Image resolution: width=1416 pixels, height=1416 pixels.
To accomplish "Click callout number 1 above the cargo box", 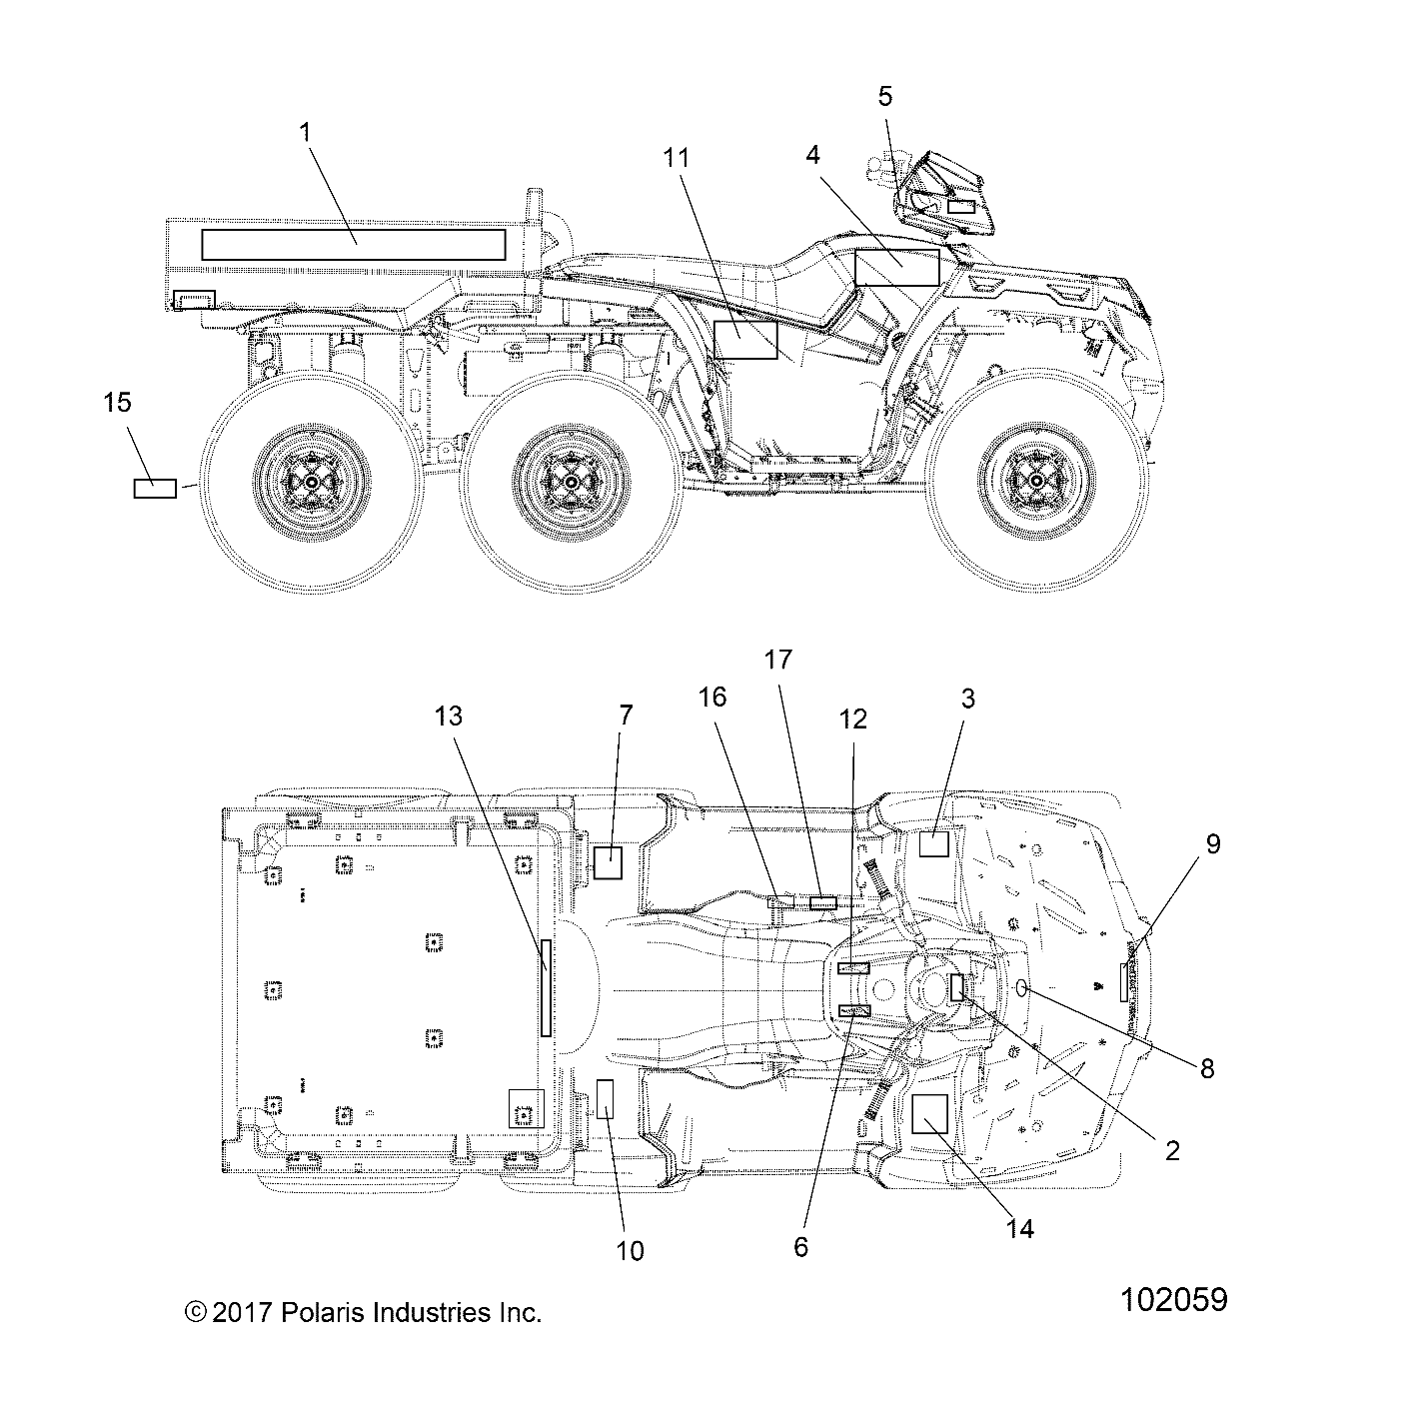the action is click(x=305, y=133).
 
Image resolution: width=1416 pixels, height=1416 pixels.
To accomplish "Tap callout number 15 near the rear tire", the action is click(x=118, y=403).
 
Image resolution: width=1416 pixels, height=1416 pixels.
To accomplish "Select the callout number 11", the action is click(x=677, y=157).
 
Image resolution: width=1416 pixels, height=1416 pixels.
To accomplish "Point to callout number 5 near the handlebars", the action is click(x=885, y=96).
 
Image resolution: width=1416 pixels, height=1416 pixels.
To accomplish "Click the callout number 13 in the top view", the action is click(x=449, y=714).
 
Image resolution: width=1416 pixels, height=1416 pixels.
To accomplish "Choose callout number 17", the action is click(x=778, y=660).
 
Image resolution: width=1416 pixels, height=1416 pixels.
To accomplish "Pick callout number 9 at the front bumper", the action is click(x=1213, y=843).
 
